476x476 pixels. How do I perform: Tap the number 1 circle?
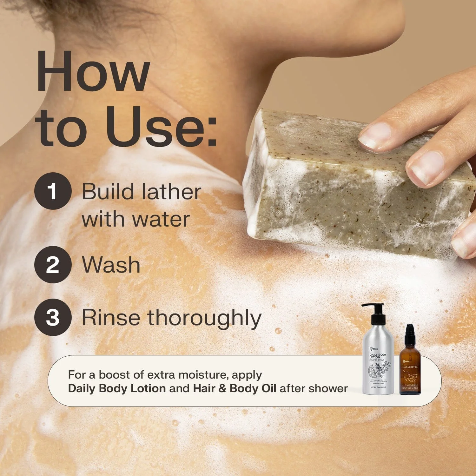coord(53,191)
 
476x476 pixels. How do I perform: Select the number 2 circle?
coord(53,265)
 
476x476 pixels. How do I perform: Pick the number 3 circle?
coord(53,317)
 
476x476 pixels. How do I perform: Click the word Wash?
coord(111,265)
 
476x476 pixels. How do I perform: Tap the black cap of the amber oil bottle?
coord(410,332)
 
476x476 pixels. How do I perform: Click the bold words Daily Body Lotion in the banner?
coord(117,388)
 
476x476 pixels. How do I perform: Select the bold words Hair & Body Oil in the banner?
coord(235,388)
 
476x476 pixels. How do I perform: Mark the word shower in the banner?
coord(330,388)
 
